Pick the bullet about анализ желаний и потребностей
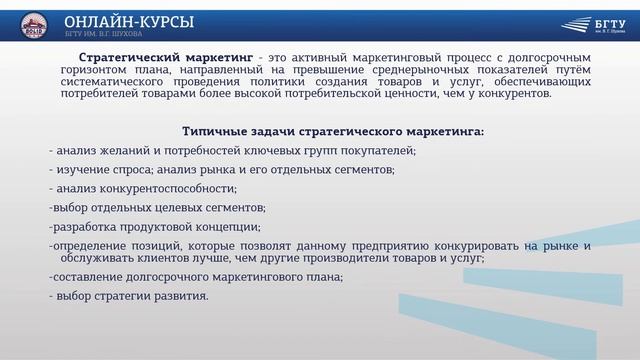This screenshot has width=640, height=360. click(232, 150)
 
